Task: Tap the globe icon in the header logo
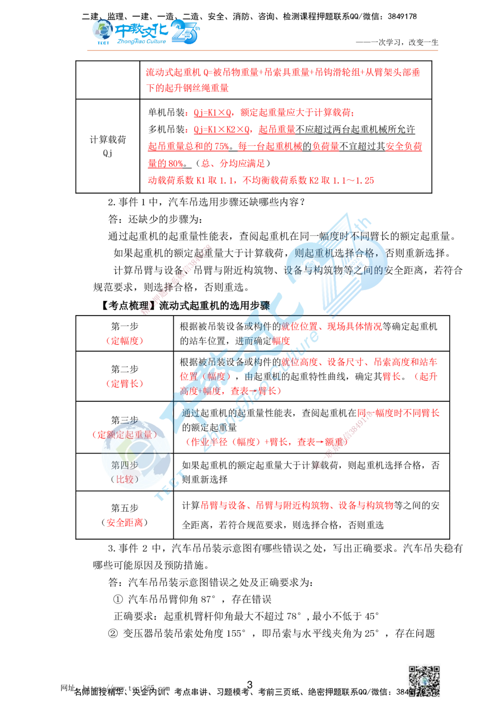tap(103, 30)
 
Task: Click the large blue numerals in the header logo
tap(186, 32)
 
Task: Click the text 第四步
tap(124, 465)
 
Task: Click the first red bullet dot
tap(186, 114)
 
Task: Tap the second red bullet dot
tap(186, 131)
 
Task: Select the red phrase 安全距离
tap(124, 523)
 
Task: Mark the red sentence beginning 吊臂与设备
tap(297, 505)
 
